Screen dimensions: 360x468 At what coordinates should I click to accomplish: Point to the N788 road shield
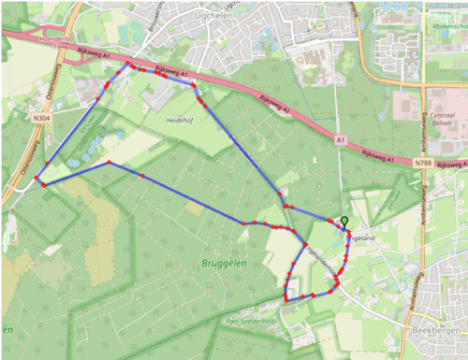click(424, 162)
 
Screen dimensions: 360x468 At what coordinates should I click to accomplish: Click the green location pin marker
click(344, 222)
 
